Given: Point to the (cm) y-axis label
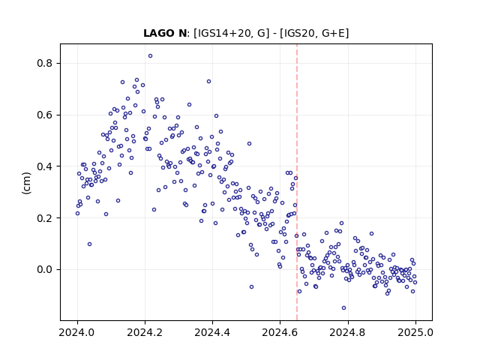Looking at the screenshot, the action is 27,183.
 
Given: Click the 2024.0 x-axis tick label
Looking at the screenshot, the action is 76,332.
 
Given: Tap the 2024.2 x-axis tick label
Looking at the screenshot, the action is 145,332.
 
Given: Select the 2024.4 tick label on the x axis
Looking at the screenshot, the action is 212,332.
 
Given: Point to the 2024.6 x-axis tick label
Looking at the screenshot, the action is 280,332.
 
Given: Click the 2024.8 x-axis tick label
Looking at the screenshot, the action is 347,332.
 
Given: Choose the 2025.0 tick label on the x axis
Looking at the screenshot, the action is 415,332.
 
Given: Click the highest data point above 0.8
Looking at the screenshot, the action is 150,56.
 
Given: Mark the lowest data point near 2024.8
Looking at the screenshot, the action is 343,308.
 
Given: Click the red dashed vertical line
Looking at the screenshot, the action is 297,182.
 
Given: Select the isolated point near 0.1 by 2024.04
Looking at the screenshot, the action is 90,244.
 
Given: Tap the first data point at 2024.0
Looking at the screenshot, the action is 77,213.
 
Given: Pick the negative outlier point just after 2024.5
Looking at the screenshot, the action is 252,286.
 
